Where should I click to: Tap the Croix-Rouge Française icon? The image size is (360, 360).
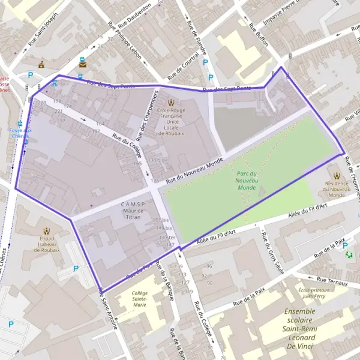pyautogui.click(x=172, y=102)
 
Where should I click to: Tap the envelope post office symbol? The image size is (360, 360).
pyautogui.click(x=81, y=61)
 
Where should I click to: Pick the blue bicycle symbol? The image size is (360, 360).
pyautogui.click(x=55, y=84)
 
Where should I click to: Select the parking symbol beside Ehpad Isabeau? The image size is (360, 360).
pyautogui.click(x=76, y=269)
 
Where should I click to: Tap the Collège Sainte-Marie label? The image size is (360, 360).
pyautogui.click(x=140, y=298)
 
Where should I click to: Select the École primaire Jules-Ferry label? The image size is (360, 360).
pyautogui.click(x=316, y=294)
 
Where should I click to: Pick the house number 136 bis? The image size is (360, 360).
pyautogui.click(x=155, y=160)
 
